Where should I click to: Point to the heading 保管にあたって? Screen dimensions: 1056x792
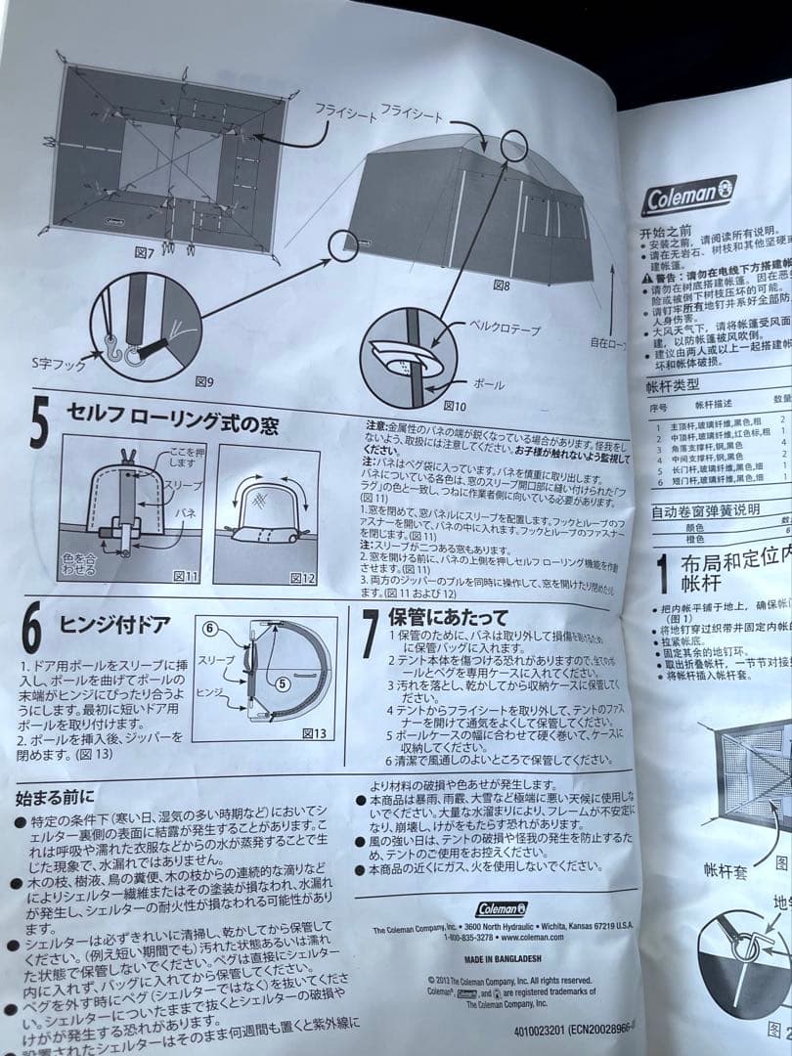coord(448,617)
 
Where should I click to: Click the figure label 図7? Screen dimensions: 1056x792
coord(145,253)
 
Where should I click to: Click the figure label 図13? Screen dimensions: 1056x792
coord(314,732)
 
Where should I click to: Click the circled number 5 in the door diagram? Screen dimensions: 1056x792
coord(282,684)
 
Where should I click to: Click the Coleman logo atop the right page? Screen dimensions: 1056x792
coord(689,197)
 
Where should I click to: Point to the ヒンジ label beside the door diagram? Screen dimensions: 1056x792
coord(209,690)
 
